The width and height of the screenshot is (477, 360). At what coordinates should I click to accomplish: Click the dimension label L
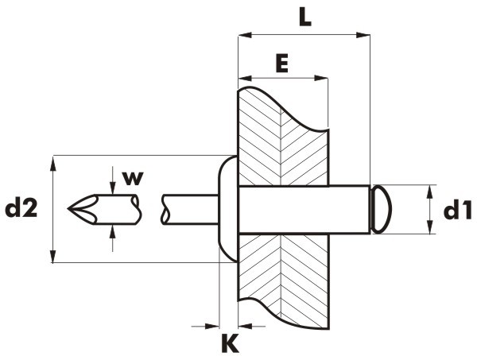pyautogui.click(x=305, y=18)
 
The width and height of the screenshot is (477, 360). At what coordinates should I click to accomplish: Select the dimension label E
pyautogui.click(x=282, y=64)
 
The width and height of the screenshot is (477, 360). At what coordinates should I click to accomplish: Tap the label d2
pyautogui.click(x=21, y=208)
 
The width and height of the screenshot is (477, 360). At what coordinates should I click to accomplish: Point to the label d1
pyautogui.click(x=458, y=211)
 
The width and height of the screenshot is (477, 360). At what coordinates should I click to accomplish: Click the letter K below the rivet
pyautogui.click(x=231, y=343)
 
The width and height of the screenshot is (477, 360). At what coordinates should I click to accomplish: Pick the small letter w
pyautogui.click(x=133, y=178)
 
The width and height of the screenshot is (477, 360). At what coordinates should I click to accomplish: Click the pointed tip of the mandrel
pyautogui.click(x=68, y=209)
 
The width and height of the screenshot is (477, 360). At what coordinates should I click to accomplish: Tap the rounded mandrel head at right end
pyautogui.click(x=381, y=209)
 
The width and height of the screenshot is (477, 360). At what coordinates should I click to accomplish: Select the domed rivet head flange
pyautogui.click(x=227, y=209)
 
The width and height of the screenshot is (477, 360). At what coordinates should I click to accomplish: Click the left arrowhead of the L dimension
pyautogui.click(x=245, y=35)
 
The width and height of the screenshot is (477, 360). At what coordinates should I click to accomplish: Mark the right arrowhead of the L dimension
pyautogui.click(x=363, y=35)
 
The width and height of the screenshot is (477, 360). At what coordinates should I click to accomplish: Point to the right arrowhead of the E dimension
pyautogui.click(x=321, y=78)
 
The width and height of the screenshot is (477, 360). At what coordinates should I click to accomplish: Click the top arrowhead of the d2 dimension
pyautogui.click(x=53, y=163)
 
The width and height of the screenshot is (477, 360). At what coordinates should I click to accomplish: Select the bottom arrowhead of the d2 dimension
pyautogui.click(x=53, y=256)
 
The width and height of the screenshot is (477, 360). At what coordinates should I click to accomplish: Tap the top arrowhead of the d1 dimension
pyautogui.click(x=430, y=192)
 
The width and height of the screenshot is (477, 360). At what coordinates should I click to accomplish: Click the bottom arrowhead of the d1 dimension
pyautogui.click(x=430, y=227)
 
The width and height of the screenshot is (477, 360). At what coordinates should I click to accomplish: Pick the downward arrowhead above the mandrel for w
pyautogui.click(x=113, y=188)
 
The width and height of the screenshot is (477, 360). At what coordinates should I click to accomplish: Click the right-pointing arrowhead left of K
pyautogui.click(x=212, y=327)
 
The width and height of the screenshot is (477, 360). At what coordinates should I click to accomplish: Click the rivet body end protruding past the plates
pyautogui.click(x=350, y=210)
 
